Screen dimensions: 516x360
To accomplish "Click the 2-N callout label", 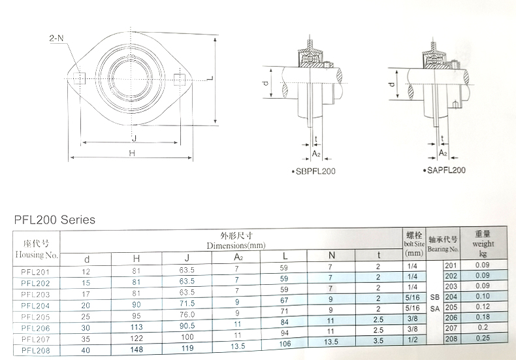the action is [x=56, y=38].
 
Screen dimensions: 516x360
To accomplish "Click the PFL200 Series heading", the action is [x=55, y=220].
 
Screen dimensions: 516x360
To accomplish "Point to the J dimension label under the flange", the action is [x=134, y=139].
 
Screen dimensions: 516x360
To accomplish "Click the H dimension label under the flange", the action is [x=132, y=153].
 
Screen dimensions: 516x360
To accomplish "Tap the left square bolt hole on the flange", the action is [x=79, y=78].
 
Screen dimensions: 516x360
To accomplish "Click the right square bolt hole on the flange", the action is [x=180, y=79].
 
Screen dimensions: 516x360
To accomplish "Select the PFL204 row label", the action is [x=35, y=306].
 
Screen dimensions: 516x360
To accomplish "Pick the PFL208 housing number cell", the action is [x=35, y=350].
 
